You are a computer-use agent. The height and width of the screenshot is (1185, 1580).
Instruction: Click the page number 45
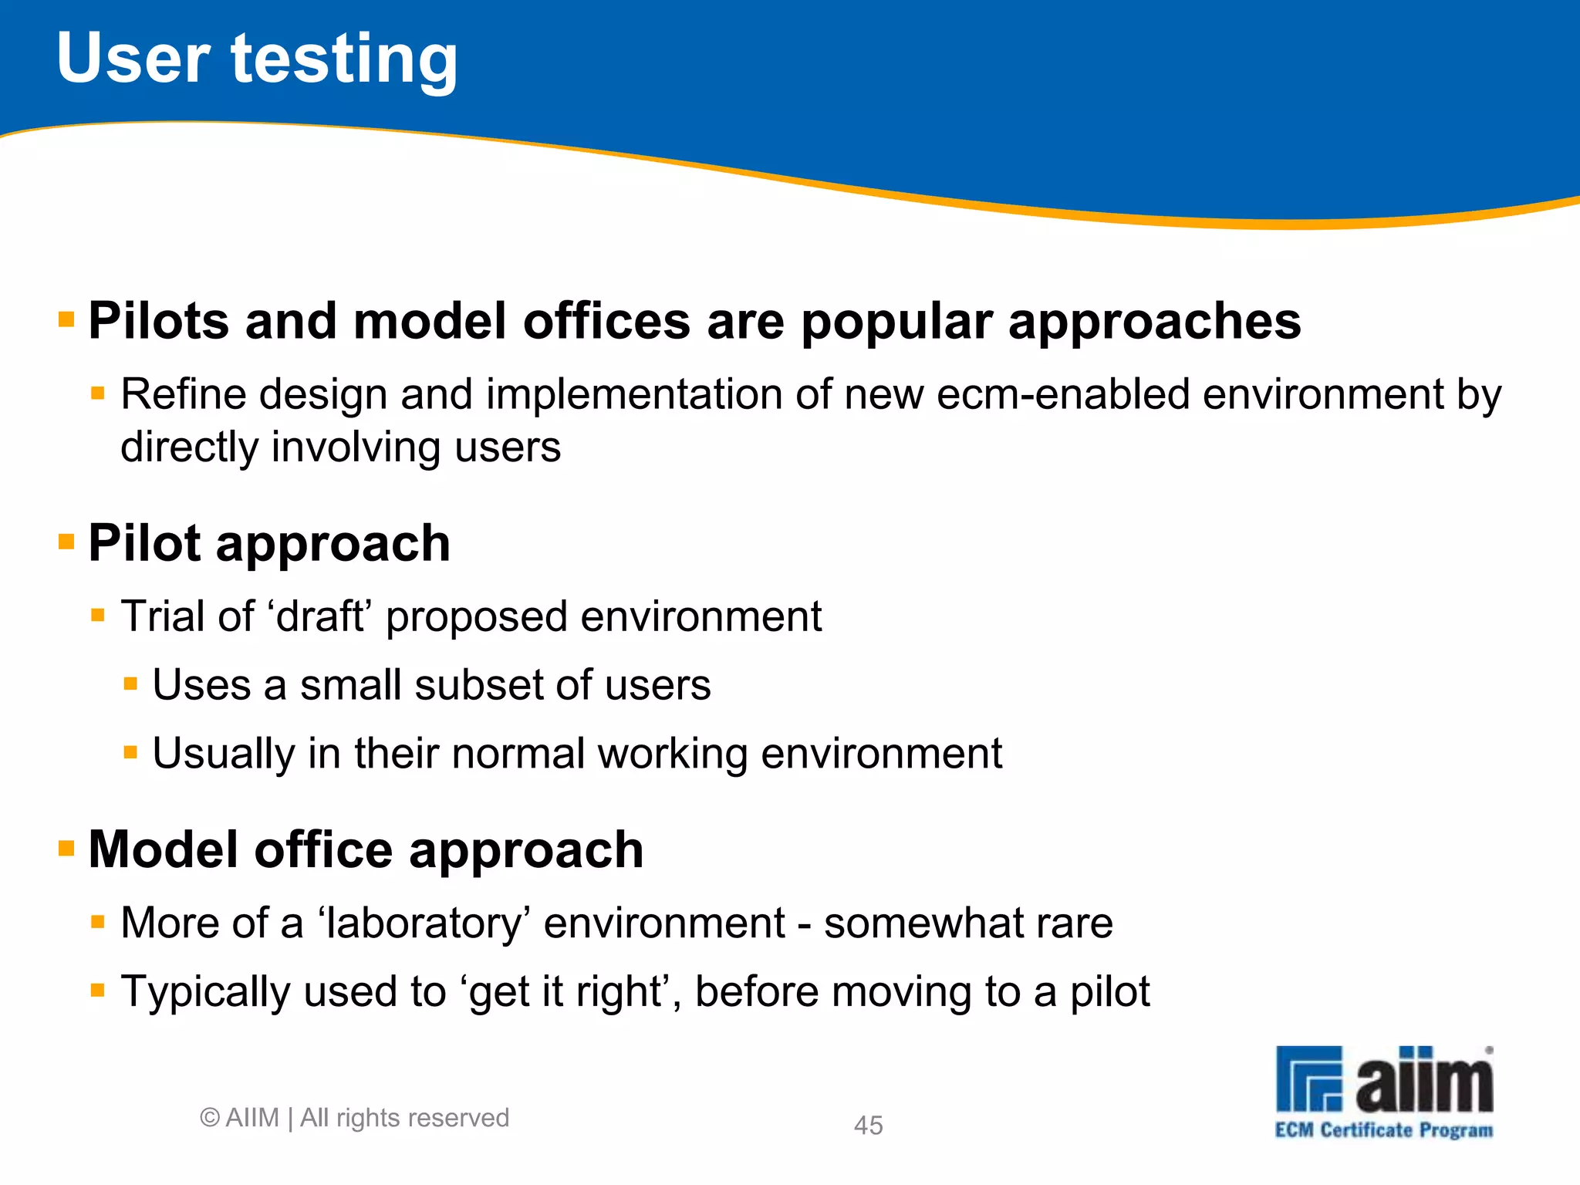point(868,1125)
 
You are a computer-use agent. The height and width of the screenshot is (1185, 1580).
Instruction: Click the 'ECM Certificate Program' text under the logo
point(1383,1130)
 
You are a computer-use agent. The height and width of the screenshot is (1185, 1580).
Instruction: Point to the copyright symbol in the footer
point(209,1118)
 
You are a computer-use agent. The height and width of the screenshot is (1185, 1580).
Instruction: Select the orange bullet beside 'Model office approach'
point(66,849)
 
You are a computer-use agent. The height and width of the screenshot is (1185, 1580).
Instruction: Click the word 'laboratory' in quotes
point(424,924)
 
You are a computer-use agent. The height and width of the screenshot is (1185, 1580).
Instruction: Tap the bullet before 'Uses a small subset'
point(130,684)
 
